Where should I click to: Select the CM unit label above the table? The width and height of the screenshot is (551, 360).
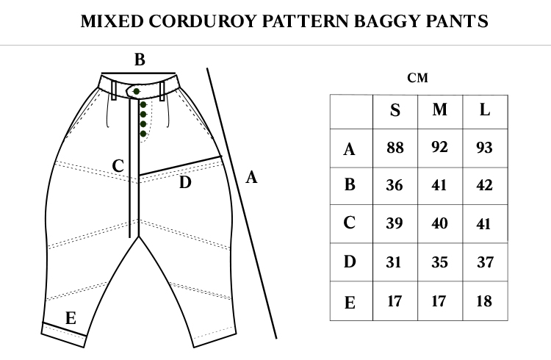[417, 78]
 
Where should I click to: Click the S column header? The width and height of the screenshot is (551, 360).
[395, 110]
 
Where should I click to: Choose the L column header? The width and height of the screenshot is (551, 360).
[485, 109]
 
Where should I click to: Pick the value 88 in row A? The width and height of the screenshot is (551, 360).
[395, 148]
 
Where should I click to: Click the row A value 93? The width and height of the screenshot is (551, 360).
[484, 147]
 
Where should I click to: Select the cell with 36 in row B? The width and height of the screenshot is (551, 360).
[395, 185]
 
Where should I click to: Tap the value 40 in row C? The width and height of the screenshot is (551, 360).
[439, 223]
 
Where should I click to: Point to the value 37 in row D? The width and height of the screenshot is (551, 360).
[486, 262]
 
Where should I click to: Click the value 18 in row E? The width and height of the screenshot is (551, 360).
[484, 301]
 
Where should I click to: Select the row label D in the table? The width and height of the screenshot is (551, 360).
[350, 262]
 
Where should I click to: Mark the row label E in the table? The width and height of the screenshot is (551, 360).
[350, 303]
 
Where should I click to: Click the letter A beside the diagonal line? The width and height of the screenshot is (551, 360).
[251, 177]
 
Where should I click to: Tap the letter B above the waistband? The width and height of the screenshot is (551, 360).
[140, 60]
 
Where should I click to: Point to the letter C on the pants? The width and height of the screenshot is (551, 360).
[118, 165]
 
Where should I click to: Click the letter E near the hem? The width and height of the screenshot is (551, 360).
[71, 318]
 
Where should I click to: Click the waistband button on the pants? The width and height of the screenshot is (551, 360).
[137, 91]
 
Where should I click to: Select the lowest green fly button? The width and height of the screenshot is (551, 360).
[143, 134]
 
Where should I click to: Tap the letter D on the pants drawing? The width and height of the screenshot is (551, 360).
[185, 182]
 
